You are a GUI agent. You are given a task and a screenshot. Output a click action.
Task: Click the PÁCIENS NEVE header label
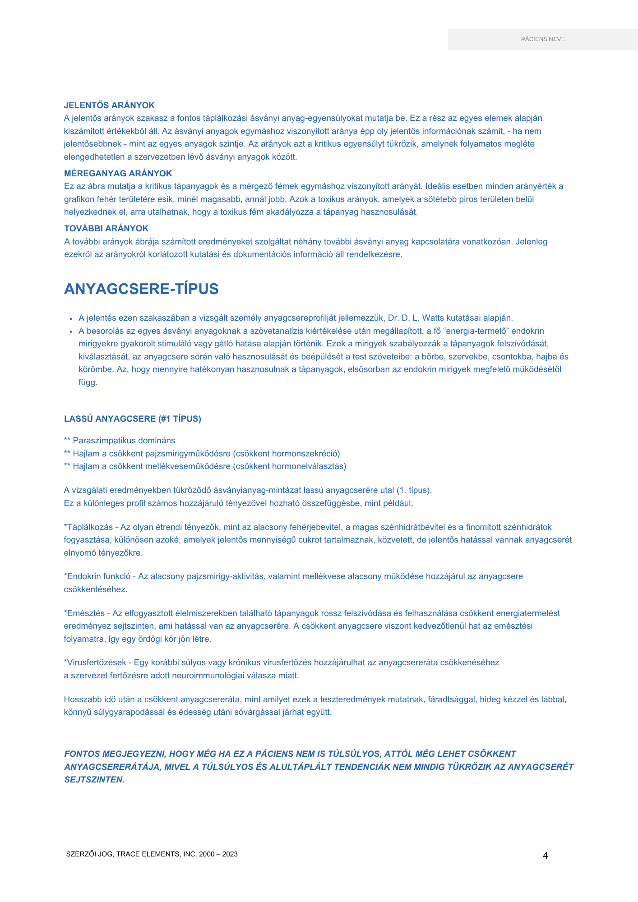pyautogui.click(x=543, y=39)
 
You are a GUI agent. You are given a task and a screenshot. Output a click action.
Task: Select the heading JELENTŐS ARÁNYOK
pyautogui.click(x=109, y=106)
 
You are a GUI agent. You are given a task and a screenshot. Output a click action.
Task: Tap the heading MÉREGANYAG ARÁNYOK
pyautogui.click(x=118, y=174)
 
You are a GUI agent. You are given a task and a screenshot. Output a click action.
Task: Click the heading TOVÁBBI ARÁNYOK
pyautogui.click(x=106, y=229)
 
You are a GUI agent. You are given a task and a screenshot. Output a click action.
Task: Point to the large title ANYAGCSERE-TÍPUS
pyautogui.click(x=141, y=289)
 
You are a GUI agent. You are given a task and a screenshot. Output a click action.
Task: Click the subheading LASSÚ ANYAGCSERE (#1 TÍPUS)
pyautogui.click(x=133, y=419)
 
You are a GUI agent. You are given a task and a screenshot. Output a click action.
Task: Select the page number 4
pyautogui.click(x=545, y=856)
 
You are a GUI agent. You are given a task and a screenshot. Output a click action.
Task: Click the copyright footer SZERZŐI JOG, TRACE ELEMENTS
pyautogui.click(x=152, y=854)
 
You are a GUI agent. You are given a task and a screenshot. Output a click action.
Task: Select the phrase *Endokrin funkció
pyautogui.click(x=97, y=576)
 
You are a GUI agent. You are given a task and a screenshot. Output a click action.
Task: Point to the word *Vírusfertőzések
pyautogui.click(x=95, y=663)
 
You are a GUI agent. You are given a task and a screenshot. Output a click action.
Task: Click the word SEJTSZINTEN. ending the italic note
pyautogui.click(x=94, y=779)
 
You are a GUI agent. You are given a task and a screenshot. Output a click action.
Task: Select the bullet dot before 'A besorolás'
pyautogui.click(x=71, y=331)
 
